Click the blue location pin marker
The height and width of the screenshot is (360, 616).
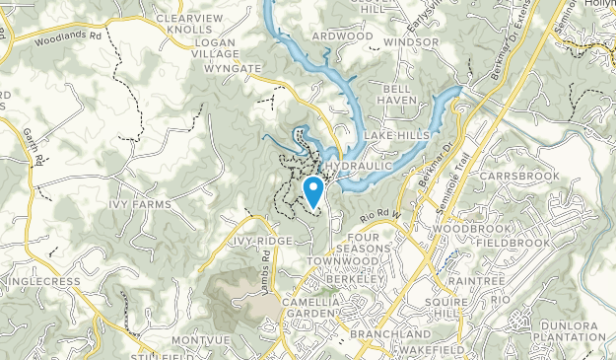[313, 189]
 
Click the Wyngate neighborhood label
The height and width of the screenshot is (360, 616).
[232, 70]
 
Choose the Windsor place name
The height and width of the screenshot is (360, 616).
[411, 43]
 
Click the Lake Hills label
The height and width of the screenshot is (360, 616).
[393, 134]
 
